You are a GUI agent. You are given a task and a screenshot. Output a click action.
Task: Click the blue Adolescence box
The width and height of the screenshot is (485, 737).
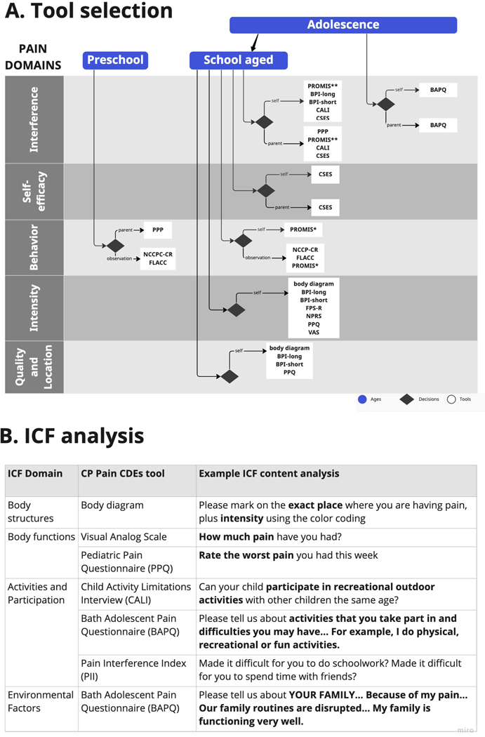(343, 25)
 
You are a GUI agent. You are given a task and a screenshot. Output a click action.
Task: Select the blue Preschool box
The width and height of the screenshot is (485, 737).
(115, 60)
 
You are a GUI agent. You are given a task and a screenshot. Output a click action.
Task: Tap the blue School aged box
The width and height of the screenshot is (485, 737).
(239, 60)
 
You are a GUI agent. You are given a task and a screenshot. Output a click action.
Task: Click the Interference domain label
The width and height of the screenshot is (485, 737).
(34, 119)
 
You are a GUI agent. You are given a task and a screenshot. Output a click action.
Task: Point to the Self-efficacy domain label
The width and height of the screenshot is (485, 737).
(34, 192)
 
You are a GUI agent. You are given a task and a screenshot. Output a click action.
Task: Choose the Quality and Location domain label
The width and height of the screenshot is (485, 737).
(34, 367)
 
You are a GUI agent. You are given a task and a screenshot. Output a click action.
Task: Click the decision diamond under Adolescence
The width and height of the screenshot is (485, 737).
(385, 104)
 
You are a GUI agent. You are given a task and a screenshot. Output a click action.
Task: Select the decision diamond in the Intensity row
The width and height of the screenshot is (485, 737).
(237, 310)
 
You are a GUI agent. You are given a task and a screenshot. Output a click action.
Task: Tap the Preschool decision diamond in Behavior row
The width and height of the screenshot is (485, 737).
(114, 245)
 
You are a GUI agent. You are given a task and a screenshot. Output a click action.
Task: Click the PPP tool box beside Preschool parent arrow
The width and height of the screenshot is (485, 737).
(158, 230)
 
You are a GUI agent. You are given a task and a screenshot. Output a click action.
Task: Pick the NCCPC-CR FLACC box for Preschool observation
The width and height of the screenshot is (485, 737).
(158, 258)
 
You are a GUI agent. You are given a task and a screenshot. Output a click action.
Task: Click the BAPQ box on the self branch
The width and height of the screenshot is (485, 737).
(438, 90)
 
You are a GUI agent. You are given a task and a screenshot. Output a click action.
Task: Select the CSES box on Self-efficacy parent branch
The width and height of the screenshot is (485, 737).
(325, 207)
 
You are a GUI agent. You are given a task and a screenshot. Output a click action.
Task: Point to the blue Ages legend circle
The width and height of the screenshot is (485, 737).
(362, 399)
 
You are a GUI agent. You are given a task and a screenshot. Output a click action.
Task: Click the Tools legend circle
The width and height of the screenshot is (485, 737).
(451, 399)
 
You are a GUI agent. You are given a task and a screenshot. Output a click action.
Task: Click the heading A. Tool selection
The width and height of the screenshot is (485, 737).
(89, 11)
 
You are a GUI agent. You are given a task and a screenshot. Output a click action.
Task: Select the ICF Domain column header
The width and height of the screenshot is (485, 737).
(35, 474)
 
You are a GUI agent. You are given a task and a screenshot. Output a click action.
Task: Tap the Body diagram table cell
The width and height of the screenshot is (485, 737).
(112, 505)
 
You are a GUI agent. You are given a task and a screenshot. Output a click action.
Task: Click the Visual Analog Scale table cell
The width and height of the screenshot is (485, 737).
(124, 537)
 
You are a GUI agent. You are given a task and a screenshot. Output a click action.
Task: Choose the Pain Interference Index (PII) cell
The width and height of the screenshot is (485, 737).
(133, 670)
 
